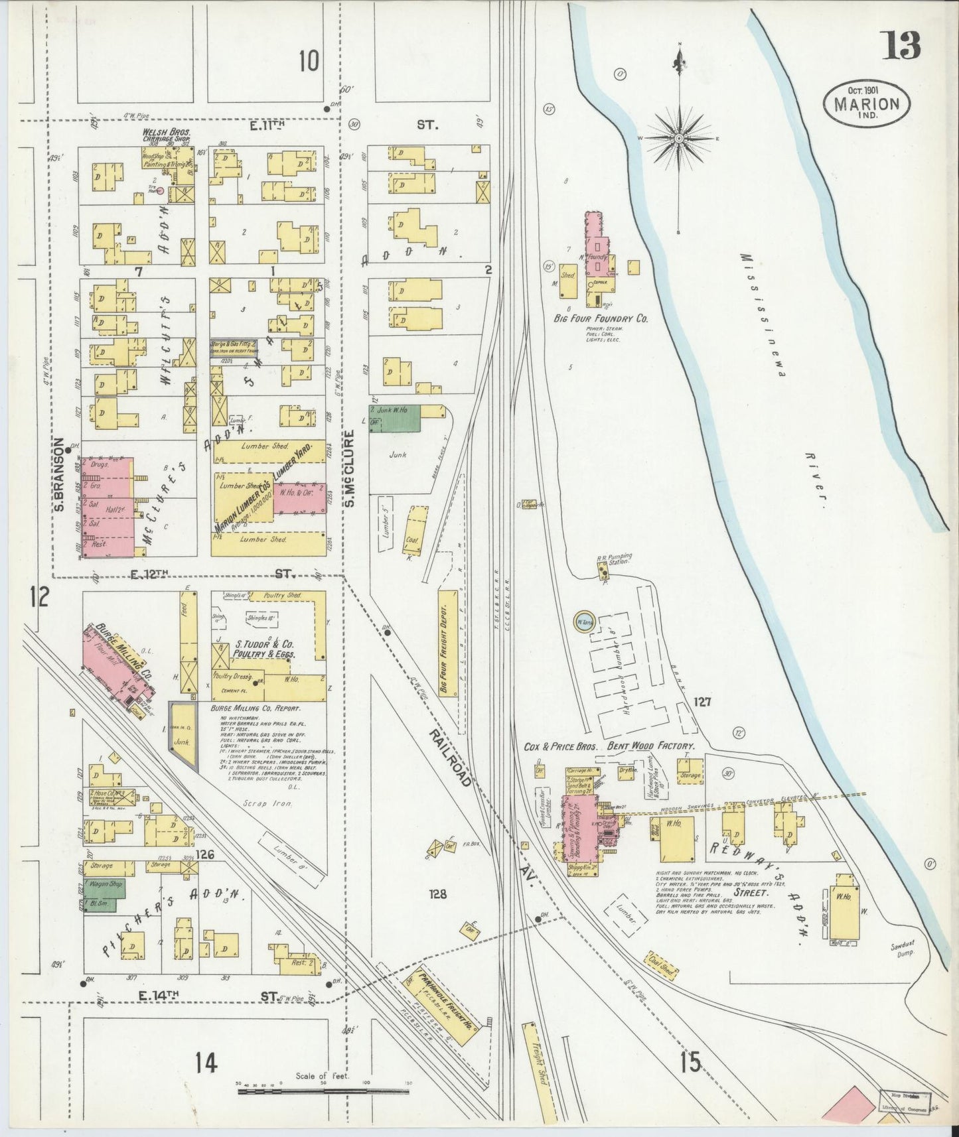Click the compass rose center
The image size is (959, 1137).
point(680,138)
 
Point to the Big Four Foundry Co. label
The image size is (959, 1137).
point(601,318)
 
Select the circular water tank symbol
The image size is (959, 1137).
point(584,622)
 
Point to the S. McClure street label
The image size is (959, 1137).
point(350,468)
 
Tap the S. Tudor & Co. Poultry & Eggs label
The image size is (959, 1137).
point(263,648)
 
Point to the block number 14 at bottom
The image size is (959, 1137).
point(206,1063)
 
